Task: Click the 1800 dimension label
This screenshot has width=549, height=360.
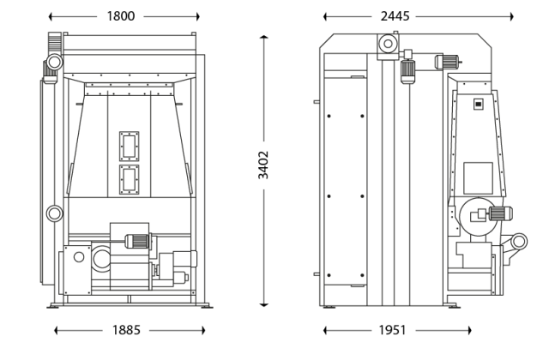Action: click(124, 15)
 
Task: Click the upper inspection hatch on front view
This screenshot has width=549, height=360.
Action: click(130, 147)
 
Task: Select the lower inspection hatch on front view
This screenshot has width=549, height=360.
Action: click(130, 180)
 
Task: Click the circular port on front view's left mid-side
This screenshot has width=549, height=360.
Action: click(54, 213)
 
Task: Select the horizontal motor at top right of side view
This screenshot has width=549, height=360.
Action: click(449, 61)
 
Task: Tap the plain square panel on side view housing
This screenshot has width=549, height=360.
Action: click(478, 177)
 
